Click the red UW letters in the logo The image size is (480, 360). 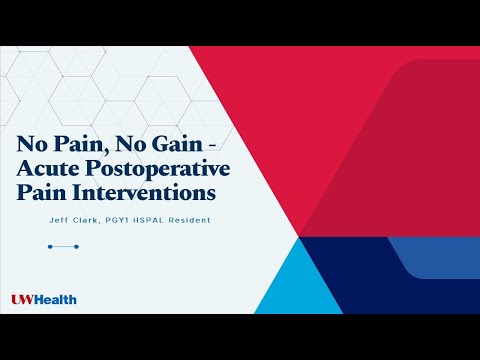click(22, 299)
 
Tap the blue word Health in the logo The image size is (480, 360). click(56, 299)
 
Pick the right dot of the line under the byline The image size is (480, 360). click(77, 245)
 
